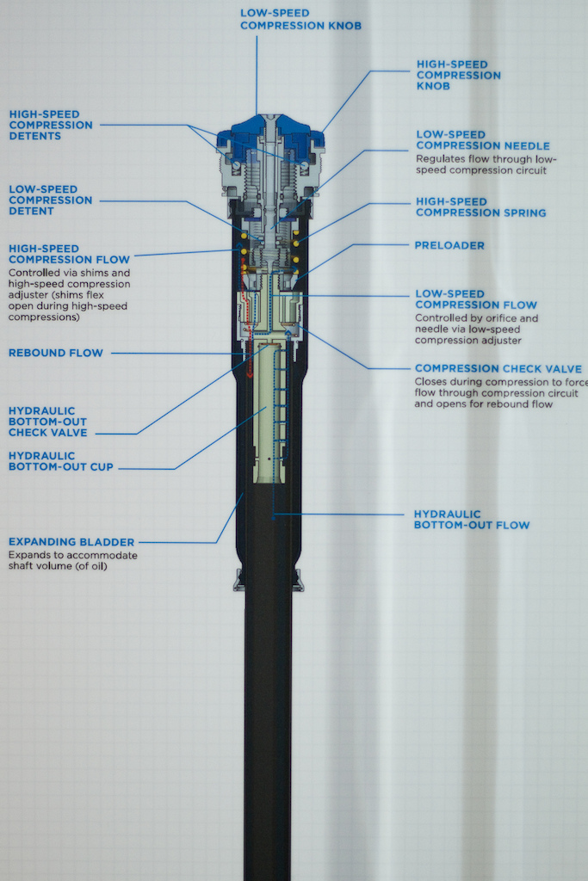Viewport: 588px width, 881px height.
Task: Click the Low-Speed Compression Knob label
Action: pos(300,20)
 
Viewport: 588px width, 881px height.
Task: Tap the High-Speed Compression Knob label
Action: pos(459,75)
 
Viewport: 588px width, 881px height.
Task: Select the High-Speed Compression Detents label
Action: pos(51,125)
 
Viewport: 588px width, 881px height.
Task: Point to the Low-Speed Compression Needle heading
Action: pos(483,139)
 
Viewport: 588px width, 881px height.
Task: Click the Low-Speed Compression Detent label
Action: pos(50,200)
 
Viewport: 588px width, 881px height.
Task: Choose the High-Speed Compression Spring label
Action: pos(480,206)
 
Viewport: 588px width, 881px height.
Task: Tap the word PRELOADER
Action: pos(449,245)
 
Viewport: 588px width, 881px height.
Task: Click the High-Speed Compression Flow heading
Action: pos(69,254)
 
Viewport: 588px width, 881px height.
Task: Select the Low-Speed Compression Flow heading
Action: pos(475,299)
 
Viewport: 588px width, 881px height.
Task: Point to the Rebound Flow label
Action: pos(55,353)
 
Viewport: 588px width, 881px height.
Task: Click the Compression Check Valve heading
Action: pos(498,368)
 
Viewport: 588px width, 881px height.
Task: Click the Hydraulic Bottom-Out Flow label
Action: pos(471,519)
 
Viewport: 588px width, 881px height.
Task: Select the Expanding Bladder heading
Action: pos(71,542)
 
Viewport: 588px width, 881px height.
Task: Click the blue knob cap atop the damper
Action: pos(270,130)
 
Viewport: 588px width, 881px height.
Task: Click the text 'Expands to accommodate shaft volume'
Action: pos(72,561)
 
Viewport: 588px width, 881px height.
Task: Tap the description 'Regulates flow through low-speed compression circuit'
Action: pos(487,164)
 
